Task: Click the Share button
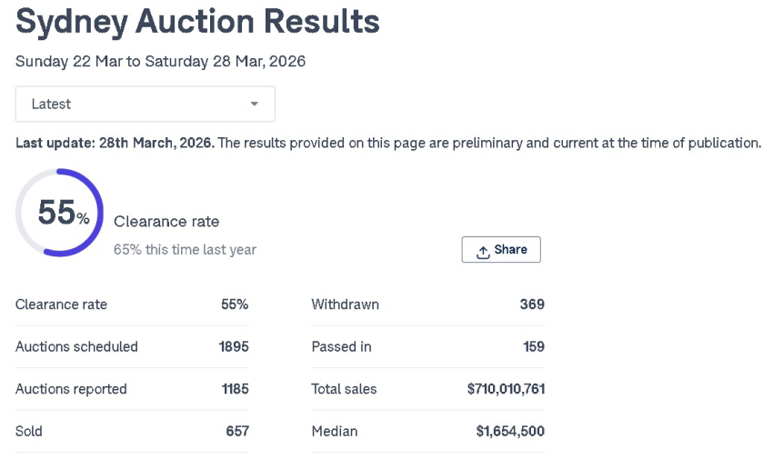click(501, 250)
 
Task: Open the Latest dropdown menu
click(145, 105)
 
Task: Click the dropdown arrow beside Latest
click(255, 105)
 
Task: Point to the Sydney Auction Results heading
click(197, 22)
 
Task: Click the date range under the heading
click(160, 62)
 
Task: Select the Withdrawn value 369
click(532, 304)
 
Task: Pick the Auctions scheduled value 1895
click(234, 346)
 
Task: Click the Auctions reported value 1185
click(235, 389)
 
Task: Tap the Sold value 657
click(237, 431)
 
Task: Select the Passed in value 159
click(534, 346)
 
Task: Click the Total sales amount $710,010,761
click(506, 389)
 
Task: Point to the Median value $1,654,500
click(510, 431)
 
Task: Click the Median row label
click(334, 431)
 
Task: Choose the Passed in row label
click(341, 346)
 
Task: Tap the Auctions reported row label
click(71, 389)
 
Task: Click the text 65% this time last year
click(185, 249)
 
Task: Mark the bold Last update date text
click(115, 144)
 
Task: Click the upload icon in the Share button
click(483, 251)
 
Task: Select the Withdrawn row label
click(345, 304)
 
